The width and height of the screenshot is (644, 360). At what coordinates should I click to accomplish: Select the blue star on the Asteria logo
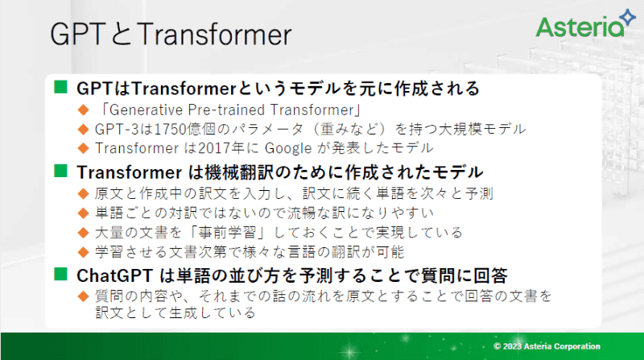[x=625, y=14]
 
